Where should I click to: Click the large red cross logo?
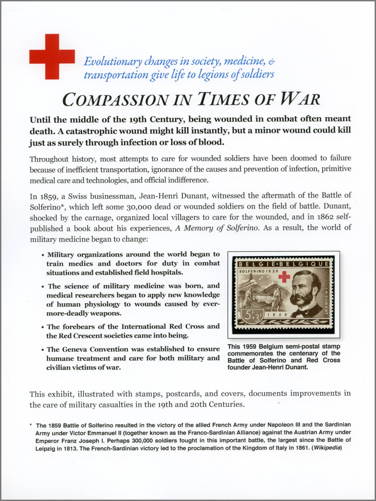[52, 57]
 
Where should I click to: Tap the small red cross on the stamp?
[284, 276]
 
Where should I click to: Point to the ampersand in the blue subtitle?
[272, 62]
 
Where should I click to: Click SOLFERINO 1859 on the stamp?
[258, 271]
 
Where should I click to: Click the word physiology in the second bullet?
[102, 304]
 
